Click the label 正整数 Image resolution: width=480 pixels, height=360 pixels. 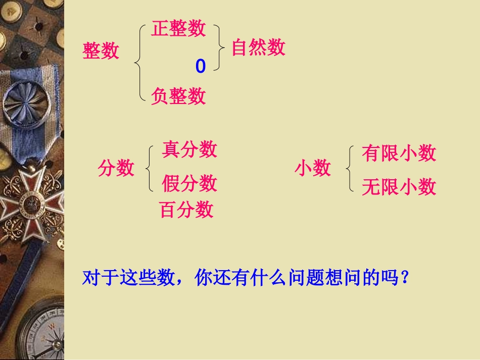178,29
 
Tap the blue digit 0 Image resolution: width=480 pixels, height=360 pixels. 201,66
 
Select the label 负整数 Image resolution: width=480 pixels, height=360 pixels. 178,95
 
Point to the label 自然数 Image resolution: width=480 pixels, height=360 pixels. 258,47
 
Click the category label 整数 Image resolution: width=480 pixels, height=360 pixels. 101,51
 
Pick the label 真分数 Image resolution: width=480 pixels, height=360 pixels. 189,149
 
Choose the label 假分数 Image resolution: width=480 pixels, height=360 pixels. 189,183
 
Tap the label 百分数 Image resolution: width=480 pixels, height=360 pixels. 186,210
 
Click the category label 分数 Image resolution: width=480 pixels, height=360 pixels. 116,168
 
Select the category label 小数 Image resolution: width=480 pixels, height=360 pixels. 313,168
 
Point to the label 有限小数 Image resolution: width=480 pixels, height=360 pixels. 399,153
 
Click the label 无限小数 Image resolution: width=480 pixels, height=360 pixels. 399,187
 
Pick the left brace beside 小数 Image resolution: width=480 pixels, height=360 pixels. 349,169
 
